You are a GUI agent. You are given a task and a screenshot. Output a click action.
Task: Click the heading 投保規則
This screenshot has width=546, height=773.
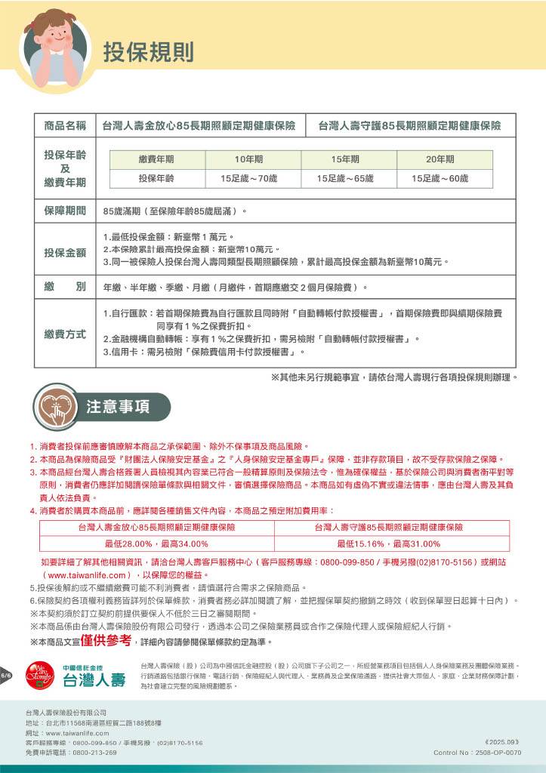pos(149,51)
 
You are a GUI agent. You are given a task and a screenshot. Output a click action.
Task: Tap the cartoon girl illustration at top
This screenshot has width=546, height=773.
pos(52,47)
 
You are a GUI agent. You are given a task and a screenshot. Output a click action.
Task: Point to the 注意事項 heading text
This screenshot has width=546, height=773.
pos(117,406)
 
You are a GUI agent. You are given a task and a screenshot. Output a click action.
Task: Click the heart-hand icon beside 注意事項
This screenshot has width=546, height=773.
pos(55,405)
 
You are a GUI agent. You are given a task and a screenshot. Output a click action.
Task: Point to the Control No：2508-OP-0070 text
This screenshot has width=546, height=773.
pos(477,753)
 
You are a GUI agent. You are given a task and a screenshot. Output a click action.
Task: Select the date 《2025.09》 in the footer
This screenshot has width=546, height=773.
pos(502,743)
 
